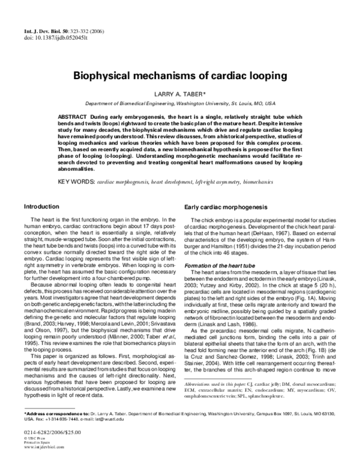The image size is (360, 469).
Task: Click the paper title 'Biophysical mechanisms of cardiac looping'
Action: pyautogui.click(x=181, y=77)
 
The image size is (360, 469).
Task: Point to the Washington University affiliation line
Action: pyautogui.click(x=181, y=103)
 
